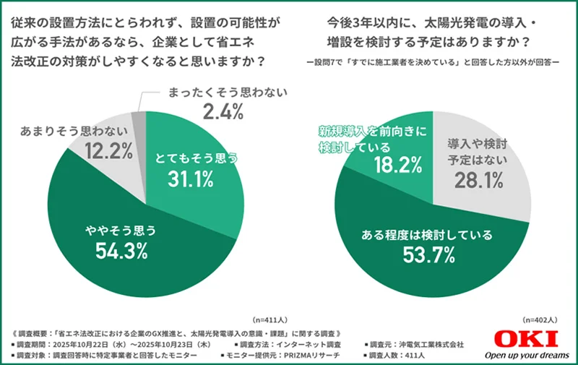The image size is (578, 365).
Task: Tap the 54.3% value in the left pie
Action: [x=121, y=251]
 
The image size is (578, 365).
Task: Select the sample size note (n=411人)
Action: [x=269, y=319]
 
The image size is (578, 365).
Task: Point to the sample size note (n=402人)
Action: [x=540, y=319]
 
